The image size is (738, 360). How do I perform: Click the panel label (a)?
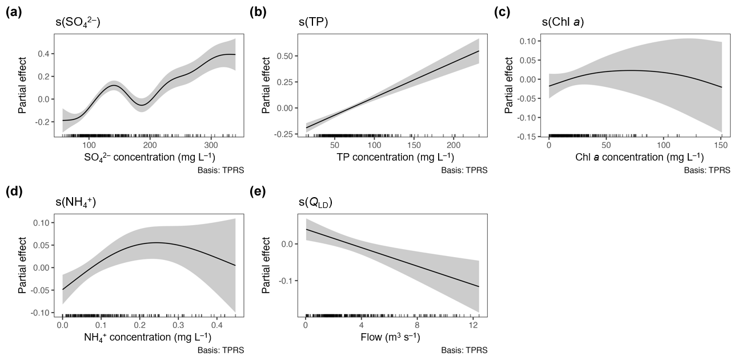[14, 13]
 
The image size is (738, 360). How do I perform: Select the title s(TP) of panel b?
[314, 23]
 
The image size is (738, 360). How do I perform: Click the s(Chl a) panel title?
[562, 23]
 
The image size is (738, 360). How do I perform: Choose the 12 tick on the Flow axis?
[473, 325]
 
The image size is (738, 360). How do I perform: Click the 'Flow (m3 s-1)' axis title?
[391, 337]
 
